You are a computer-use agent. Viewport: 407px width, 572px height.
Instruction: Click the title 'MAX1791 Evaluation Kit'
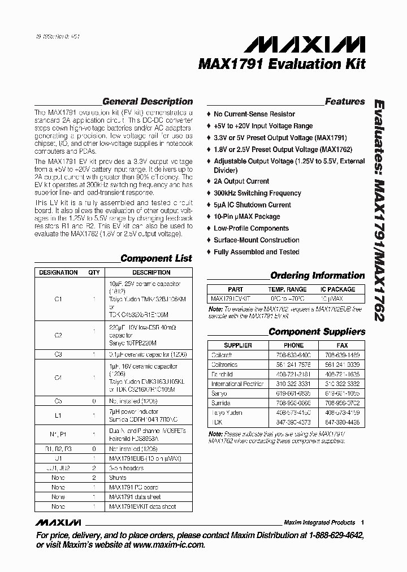pos(282,64)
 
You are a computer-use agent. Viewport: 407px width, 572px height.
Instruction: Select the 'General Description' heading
pos(147,102)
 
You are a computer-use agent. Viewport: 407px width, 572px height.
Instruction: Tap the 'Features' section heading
pos(345,102)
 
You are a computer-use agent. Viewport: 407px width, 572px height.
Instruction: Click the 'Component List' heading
pos(156,258)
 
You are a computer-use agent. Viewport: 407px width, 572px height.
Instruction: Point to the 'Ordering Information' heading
pos(317,276)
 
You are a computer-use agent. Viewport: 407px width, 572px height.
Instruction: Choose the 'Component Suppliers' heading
pos(317,332)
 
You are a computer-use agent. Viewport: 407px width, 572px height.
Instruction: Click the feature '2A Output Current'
pos(241,181)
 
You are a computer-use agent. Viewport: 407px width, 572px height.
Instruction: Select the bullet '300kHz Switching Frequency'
pos(257,193)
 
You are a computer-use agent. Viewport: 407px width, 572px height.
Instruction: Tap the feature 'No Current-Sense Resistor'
pos(254,114)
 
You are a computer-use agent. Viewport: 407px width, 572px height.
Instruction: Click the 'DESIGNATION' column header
pos(58,272)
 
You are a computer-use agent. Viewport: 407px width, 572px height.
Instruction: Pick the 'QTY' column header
pos(94,272)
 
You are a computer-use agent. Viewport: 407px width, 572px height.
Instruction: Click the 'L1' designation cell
pos(58,415)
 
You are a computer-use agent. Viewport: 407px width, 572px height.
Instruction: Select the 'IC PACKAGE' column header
pos(338,289)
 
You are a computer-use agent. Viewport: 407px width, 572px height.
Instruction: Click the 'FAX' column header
pos(342,345)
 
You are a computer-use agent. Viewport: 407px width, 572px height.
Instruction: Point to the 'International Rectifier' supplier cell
pos(237,384)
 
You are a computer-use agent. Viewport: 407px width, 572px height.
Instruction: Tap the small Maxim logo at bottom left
pos(58,522)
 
